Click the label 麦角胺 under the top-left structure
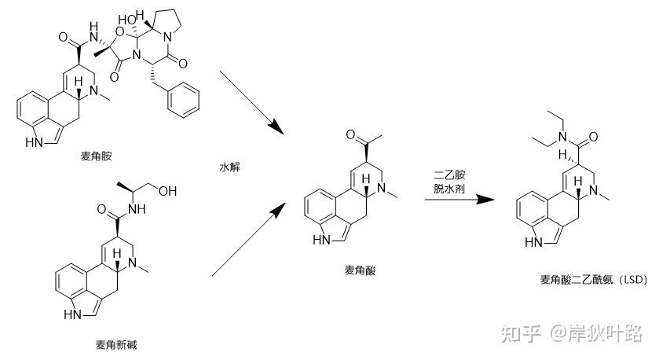[96, 156]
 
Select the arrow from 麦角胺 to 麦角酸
[251, 101]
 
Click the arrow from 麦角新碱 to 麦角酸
[248, 239]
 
